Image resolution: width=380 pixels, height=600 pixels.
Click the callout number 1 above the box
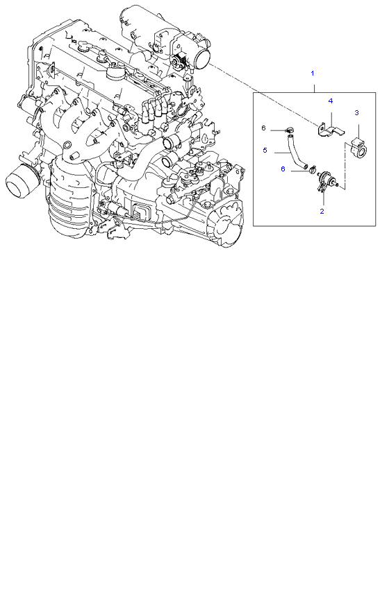coord(313,73)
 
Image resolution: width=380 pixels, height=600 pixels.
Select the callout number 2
coord(322,211)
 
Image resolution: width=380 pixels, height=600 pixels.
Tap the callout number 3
coord(356,112)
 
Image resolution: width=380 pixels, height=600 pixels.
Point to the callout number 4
coord(330,101)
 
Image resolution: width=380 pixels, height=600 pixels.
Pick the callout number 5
coord(265,150)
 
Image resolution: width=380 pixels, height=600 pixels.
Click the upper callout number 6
coord(263,128)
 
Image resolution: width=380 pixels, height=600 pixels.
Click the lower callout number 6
coord(283,169)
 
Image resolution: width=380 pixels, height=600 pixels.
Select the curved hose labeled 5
coord(297,151)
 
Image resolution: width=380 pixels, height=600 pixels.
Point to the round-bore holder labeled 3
coord(360,146)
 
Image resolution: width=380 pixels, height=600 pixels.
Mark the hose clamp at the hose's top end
coord(288,130)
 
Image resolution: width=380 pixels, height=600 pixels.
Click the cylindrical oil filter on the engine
coord(22,182)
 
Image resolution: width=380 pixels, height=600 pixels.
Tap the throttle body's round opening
coord(203,58)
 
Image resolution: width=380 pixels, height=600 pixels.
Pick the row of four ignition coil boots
coord(154,109)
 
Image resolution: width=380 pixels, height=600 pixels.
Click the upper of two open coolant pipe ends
coord(170,144)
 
